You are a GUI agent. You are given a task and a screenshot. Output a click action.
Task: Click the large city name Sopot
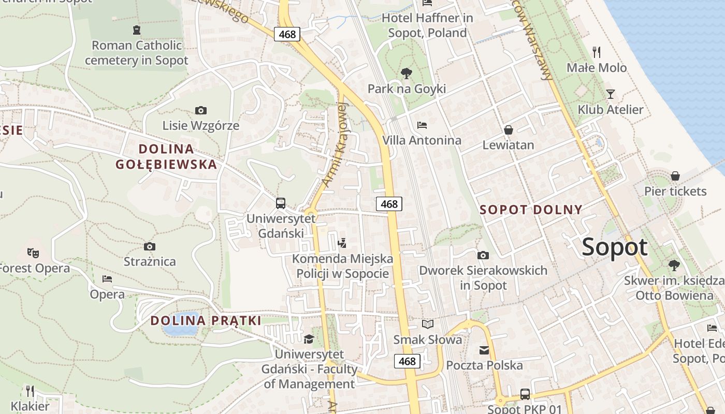[x=615, y=247]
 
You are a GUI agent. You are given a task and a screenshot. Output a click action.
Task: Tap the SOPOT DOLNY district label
[x=531, y=210]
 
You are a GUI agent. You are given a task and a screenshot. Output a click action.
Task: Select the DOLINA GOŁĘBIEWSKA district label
[x=166, y=157]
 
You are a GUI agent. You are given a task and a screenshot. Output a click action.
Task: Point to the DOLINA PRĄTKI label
[x=206, y=320]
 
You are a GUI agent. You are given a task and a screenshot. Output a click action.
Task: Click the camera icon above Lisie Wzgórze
[x=201, y=110]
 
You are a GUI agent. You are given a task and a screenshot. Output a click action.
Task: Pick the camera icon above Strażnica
[x=150, y=246]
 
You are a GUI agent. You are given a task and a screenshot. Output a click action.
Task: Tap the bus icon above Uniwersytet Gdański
[x=281, y=203]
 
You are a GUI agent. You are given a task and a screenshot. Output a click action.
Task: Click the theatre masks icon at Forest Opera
[x=33, y=253]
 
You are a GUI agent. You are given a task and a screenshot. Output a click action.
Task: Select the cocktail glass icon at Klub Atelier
[x=611, y=94]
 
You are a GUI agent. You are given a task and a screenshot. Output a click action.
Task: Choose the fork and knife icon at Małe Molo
[x=597, y=52]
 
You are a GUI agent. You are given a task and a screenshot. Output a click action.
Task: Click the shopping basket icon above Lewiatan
[x=508, y=130]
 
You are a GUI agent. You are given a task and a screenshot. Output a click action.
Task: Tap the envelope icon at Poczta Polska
[x=484, y=350]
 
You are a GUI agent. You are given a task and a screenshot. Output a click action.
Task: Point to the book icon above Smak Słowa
[x=427, y=324]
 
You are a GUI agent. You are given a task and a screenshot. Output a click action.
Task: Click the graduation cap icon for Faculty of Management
[x=309, y=339]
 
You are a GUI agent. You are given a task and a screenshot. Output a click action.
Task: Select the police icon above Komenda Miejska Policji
[x=342, y=243]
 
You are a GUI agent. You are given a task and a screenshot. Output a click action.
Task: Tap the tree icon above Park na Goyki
[x=407, y=73]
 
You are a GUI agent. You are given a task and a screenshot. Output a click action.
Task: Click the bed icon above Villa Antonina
[x=422, y=125]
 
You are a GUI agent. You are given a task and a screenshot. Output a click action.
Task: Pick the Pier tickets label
[x=675, y=191]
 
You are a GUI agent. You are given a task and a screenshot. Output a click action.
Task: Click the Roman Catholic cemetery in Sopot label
[x=136, y=52]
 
